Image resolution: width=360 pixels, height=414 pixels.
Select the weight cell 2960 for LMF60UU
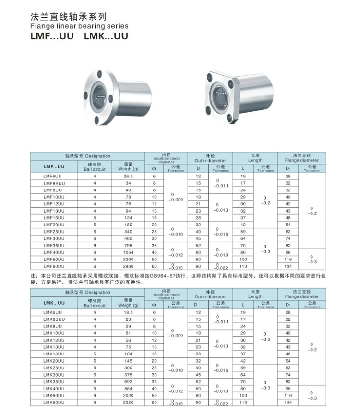[128, 266]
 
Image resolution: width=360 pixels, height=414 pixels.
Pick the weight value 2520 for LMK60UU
[128, 402]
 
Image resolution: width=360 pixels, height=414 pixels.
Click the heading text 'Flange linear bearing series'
[79, 26]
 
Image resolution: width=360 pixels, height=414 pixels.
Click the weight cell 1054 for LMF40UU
[128, 252]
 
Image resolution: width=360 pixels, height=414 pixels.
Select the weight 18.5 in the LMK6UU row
[128, 312]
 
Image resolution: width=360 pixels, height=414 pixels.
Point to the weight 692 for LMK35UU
[128, 381]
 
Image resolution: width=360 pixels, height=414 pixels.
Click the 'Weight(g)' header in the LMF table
[128, 166]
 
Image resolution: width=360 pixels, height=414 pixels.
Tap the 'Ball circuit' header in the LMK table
[95, 303]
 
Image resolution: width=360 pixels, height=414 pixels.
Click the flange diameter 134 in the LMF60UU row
[288, 266]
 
